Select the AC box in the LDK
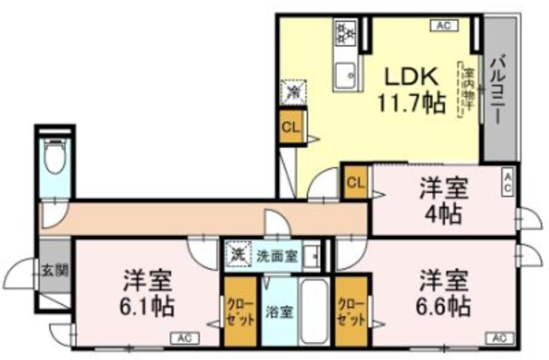[443, 27]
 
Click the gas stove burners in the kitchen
[346, 33]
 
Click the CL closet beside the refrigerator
[290, 128]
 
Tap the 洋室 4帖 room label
[443, 200]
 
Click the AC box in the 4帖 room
[508, 182]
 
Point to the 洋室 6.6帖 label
[443, 292]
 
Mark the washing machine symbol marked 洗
[236, 255]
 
